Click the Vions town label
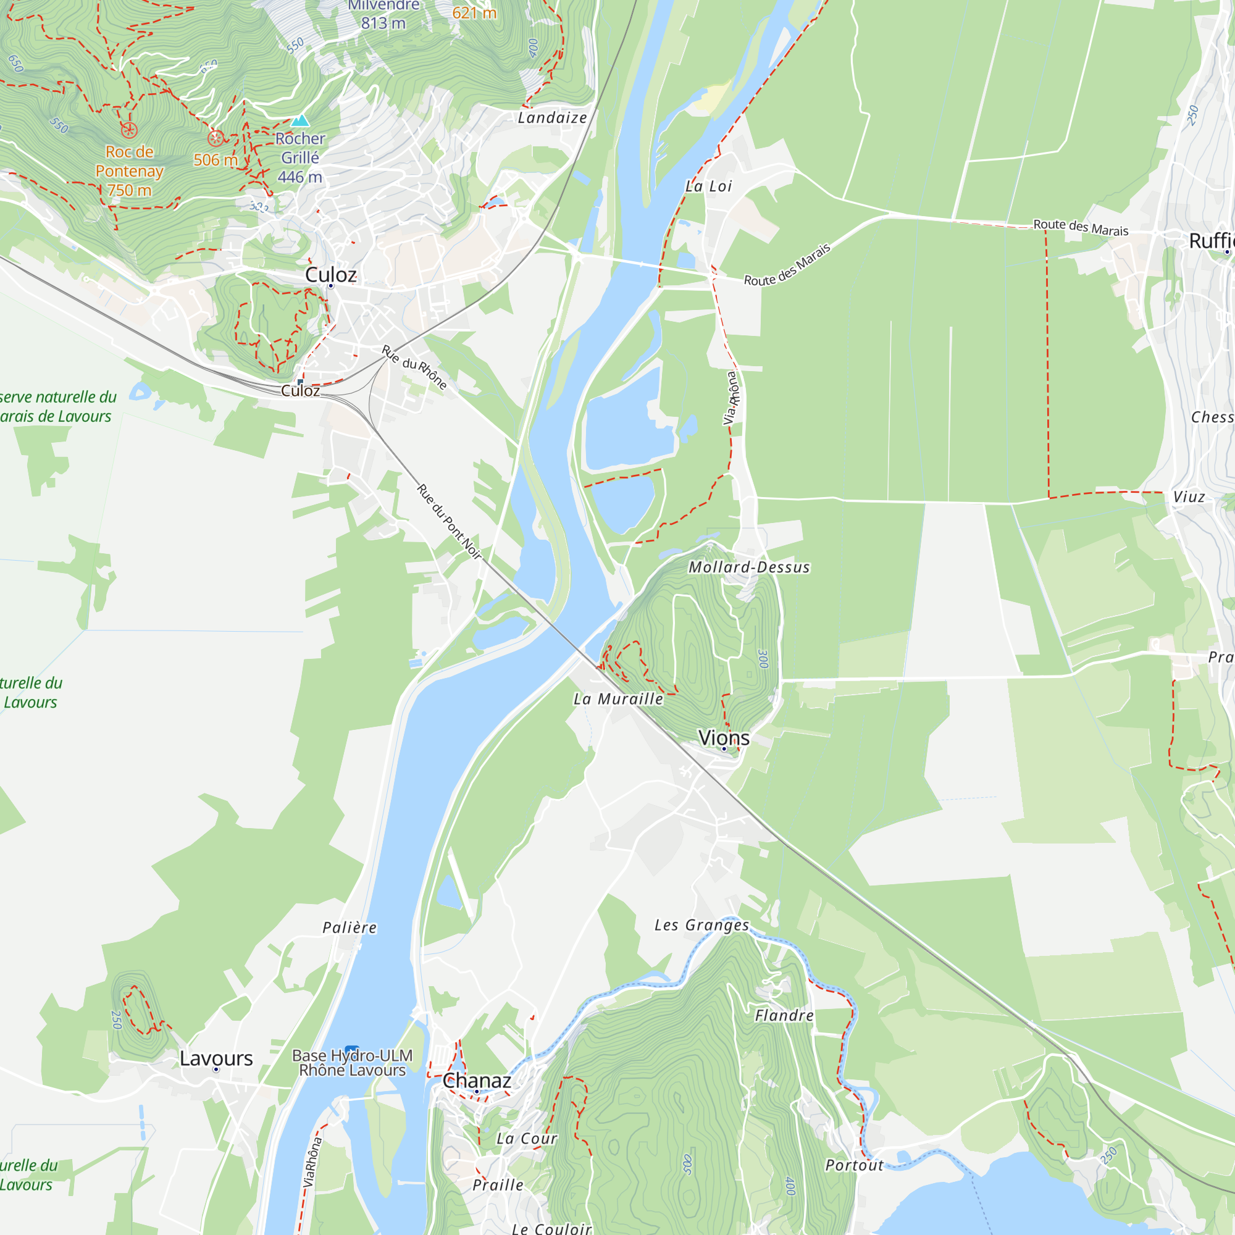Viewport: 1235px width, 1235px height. (724, 738)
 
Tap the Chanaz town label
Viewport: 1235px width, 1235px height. (477, 1080)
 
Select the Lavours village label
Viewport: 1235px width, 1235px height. (216, 1058)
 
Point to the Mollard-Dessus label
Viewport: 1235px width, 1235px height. (749, 567)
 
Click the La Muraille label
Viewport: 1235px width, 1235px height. (618, 698)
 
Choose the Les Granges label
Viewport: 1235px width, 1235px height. (701, 925)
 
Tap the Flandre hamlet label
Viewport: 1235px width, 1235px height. (784, 1016)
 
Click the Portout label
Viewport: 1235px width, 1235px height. (854, 1165)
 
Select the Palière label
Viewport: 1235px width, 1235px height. (350, 927)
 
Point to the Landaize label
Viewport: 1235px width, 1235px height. (552, 117)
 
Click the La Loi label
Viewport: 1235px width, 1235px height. (708, 186)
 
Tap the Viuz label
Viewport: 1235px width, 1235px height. (1189, 496)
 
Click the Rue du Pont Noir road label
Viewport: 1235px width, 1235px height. (449, 522)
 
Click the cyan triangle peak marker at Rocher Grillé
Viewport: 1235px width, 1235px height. (301, 120)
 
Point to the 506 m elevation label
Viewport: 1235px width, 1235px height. (216, 160)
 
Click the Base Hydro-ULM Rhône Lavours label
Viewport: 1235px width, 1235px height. (352, 1063)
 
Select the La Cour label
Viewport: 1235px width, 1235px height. (527, 1139)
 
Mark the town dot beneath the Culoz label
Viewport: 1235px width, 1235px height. (330, 286)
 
